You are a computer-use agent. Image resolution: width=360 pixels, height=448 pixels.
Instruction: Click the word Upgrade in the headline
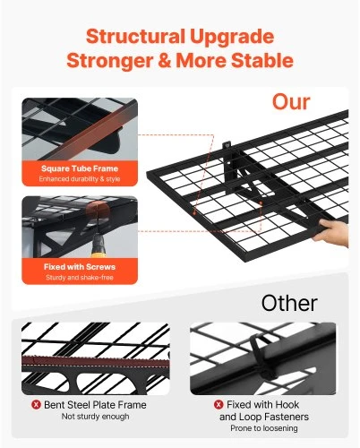(232, 38)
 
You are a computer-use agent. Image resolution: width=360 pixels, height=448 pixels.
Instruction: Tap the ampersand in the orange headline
(165, 60)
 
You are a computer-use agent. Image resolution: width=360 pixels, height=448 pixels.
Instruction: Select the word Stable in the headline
(262, 60)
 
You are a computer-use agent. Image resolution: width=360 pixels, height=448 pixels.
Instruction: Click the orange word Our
(291, 102)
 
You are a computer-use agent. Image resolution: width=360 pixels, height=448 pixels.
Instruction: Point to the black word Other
(289, 303)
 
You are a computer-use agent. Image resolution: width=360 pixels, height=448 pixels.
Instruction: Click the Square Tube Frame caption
(80, 168)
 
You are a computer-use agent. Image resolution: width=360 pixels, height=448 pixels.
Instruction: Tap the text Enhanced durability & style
(80, 179)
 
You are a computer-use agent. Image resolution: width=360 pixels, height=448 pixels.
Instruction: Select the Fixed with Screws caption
(80, 267)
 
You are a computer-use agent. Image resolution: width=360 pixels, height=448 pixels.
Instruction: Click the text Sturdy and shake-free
(80, 278)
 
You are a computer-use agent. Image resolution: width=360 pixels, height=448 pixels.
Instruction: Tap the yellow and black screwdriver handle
(99, 246)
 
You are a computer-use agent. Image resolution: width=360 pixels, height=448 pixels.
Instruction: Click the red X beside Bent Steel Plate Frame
(36, 405)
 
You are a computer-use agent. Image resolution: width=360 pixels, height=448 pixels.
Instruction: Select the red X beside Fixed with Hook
(219, 405)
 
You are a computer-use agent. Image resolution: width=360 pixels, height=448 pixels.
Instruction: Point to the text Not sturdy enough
(96, 417)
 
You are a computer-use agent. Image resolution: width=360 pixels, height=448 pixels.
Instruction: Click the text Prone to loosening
(264, 428)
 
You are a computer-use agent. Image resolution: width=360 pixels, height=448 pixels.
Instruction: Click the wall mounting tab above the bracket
(227, 146)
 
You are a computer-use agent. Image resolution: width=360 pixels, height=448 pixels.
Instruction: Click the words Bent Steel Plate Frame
(95, 405)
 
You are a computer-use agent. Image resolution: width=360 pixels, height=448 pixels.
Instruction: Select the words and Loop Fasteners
(264, 417)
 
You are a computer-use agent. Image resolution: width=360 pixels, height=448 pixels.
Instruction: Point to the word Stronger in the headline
(110, 61)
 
